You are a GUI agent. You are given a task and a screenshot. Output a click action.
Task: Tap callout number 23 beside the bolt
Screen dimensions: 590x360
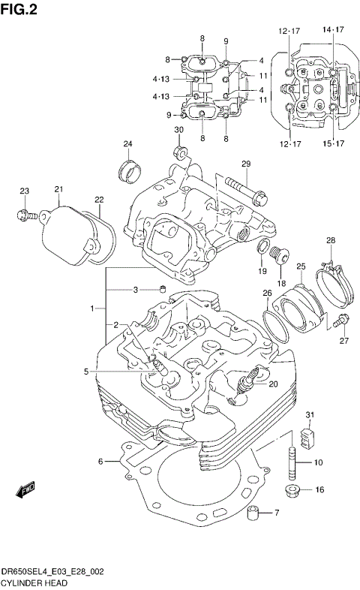(24, 191)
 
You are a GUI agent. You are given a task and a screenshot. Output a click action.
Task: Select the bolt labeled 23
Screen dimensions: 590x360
(25, 215)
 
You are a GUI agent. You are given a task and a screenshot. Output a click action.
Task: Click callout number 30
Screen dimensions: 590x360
(178, 131)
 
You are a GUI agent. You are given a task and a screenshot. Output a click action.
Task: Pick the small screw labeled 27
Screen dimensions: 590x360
(343, 321)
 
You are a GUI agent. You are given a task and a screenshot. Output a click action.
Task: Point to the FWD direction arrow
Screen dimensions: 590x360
(26, 490)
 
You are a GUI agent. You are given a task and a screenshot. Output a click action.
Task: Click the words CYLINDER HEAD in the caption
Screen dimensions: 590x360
(34, 582)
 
